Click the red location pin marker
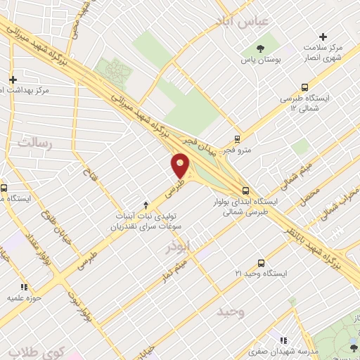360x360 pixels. coord(181,167)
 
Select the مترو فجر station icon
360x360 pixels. coord(238,139)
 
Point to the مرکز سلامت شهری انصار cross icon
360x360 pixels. coord(323,37)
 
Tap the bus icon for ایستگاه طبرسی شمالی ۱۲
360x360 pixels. coord(304,87)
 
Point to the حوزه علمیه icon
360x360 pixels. coord(25,287)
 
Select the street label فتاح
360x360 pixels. coord(89,171)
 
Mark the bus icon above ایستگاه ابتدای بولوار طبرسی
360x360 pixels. coord(245,190)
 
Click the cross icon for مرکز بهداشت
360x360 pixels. coord(13,79)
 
